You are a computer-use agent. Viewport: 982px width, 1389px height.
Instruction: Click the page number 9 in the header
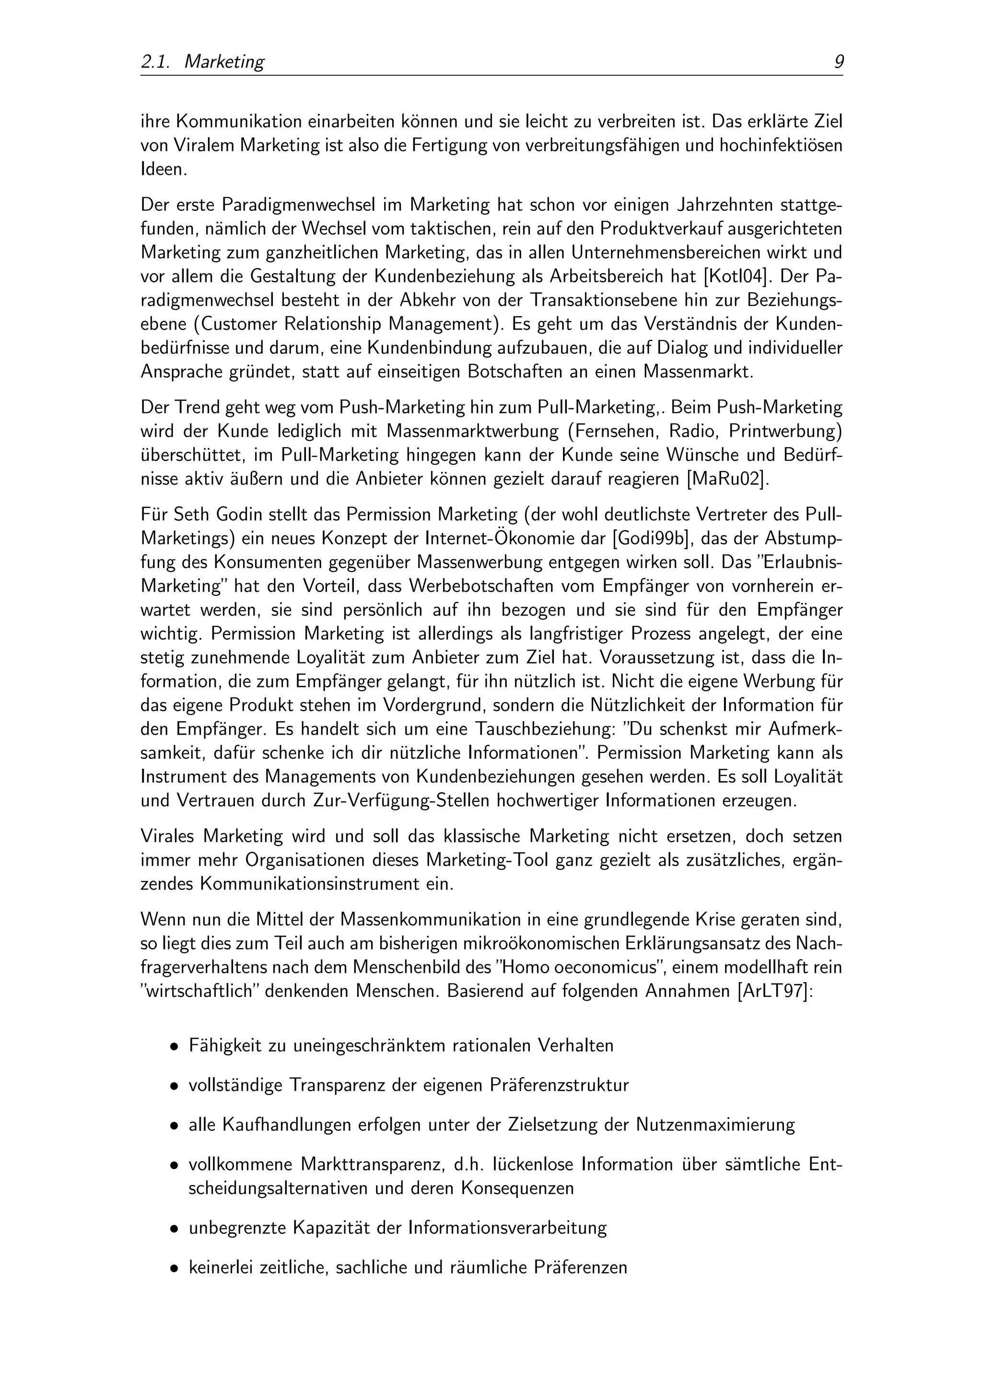coord(839,62)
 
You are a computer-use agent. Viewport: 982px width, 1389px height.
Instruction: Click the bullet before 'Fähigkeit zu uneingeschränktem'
coord(174,1046)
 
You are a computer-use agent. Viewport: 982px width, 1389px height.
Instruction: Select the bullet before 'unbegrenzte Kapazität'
coord(174,1229)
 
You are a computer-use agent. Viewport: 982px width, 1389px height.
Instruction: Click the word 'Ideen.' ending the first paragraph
coord(164,169)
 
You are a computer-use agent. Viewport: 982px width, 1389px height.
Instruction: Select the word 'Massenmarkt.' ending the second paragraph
coord(699,371)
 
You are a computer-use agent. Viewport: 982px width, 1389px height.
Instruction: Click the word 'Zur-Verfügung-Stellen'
coord(400,801)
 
